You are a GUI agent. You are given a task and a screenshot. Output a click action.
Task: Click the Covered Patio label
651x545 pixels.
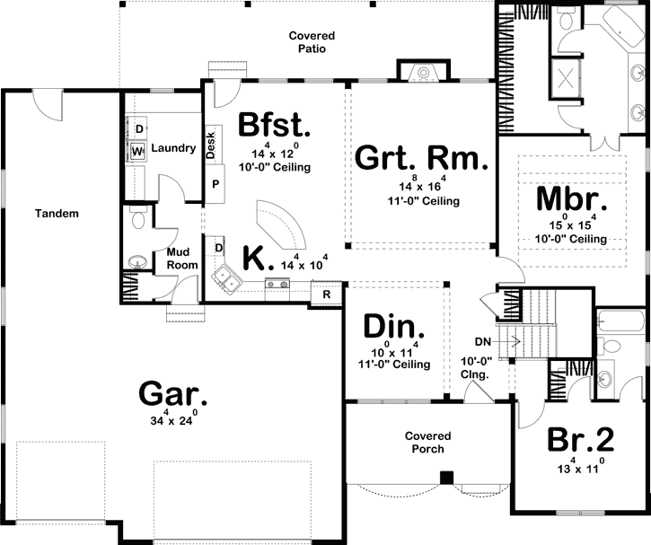(x=306, y=42)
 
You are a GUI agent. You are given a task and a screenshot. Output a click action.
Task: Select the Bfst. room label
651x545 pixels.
(x=275, y=126)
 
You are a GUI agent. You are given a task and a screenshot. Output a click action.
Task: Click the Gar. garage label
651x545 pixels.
(x=173, y=393)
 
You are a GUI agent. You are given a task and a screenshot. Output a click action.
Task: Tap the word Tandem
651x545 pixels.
(x=57, y=214)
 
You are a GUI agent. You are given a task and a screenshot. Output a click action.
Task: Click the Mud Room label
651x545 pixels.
(x=183, y=259)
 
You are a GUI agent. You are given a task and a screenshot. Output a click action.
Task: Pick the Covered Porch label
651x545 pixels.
(x=427, y=442)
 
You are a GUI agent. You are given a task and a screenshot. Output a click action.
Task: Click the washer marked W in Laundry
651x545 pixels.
(x=137, y=152)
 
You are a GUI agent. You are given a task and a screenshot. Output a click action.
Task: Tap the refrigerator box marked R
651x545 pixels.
(x=326, y=293)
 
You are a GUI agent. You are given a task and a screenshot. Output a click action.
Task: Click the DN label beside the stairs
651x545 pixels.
(x=482, y=341)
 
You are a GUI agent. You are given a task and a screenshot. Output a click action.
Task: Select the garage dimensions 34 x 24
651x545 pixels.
(x=174, y=418)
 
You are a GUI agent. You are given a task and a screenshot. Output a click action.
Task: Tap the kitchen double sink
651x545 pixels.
(x=224, y=281)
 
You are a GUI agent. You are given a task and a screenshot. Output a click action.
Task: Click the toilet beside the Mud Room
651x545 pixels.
(x=136, y=219)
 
